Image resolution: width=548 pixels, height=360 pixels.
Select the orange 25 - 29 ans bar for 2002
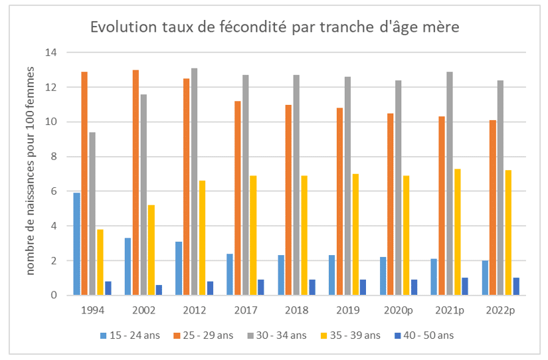[136, 183]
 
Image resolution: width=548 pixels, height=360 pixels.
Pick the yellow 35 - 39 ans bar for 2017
[253, 235]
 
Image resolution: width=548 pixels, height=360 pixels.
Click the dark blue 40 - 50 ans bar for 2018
[312, 287]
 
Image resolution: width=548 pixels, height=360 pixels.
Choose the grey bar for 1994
[92, 213]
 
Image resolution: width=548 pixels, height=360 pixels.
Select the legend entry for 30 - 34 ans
[276, 335]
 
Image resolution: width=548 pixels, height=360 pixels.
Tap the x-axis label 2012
[194, 310]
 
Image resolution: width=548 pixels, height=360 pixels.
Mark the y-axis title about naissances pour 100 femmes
[31, 175]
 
